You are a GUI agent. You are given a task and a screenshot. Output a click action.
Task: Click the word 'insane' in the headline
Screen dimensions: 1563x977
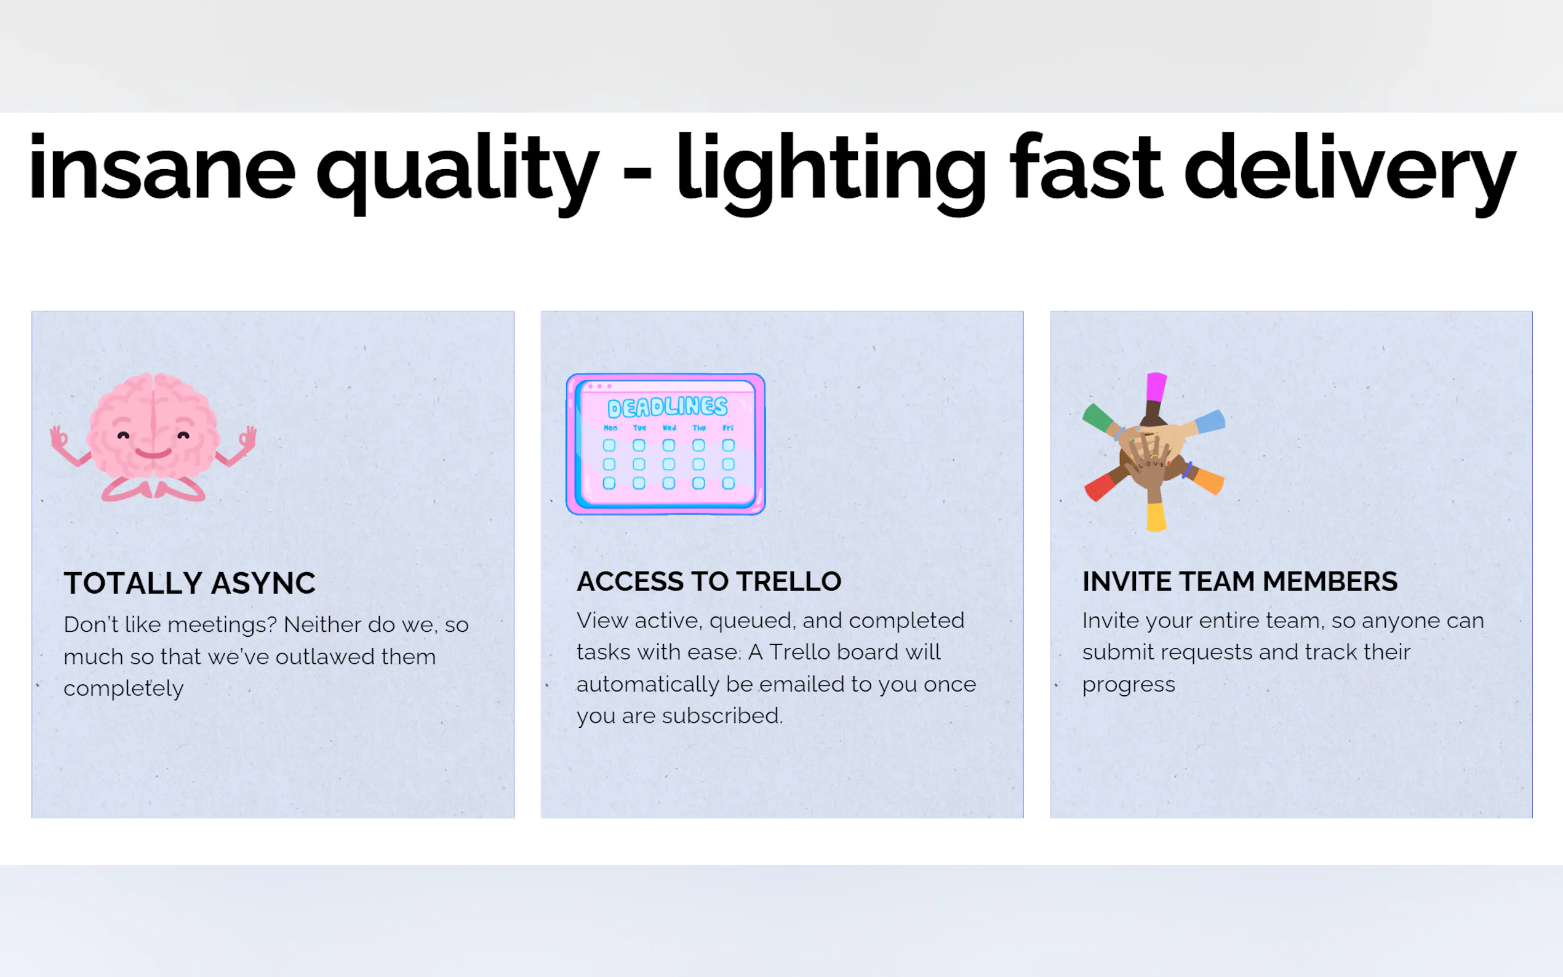(162, 167)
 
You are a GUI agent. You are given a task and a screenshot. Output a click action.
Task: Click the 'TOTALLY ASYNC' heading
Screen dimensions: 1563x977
(190, 583)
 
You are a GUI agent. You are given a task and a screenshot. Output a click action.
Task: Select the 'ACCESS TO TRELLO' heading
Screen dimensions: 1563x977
(709, 581)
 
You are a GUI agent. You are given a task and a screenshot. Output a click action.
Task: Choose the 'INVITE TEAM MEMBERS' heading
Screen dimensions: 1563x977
(1239, 581)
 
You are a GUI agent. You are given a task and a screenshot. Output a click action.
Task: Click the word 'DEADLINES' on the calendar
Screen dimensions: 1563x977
(668, 407)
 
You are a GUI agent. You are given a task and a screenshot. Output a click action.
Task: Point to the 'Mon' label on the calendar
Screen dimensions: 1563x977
(610, 428)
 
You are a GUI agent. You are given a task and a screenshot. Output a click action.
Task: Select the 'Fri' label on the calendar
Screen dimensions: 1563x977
(728, 428)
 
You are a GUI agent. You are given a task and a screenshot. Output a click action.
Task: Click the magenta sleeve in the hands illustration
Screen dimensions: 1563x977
(1156, 387)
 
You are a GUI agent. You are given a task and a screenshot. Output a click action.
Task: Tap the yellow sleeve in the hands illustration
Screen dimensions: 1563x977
(1156, 517)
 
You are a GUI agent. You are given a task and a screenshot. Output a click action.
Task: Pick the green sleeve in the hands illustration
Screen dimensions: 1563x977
(1097, 417)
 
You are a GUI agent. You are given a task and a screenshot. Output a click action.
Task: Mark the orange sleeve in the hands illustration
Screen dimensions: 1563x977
(1209, 481)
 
